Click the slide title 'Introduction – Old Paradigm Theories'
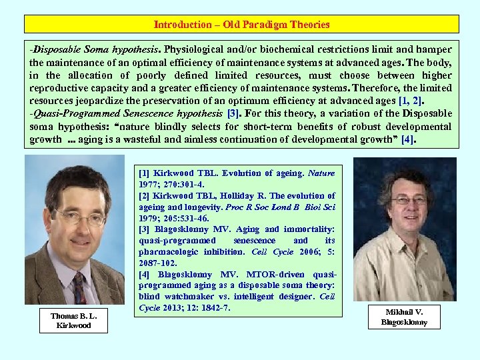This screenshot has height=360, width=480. [241, 25]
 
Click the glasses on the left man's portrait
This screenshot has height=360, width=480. [80, 217]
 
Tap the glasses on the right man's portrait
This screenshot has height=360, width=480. [409, 199]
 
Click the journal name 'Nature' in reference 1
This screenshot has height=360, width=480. [321, 173]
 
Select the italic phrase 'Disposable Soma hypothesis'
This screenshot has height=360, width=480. [94, 49]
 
